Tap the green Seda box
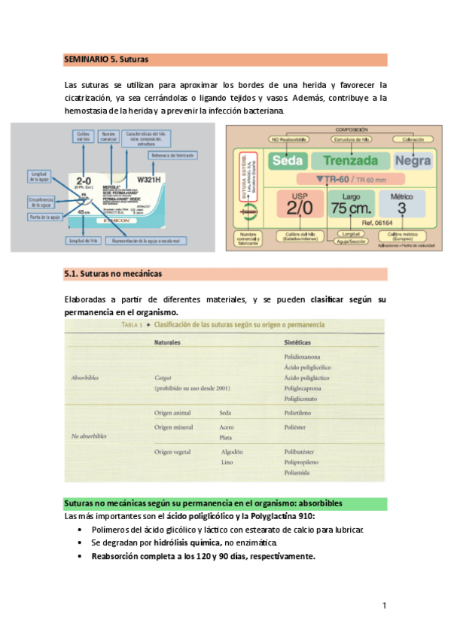tap(287, 160)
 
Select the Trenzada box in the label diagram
tap(351, 160)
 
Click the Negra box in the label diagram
tap(412, 160)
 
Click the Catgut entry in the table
tap(164, 378)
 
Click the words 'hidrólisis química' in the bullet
tap(188, 542)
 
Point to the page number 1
tap(384, 606)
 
